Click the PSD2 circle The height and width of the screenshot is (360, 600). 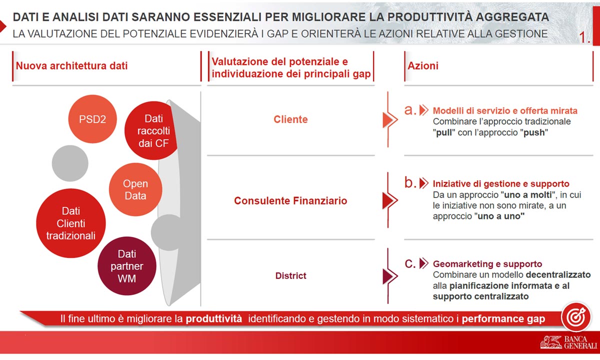[x=92, y=119]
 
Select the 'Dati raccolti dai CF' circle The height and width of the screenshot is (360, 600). [x=151, y=130]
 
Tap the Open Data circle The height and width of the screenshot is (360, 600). [x=135, y=189]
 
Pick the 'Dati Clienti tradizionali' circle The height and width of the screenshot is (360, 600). [x=71, y=223]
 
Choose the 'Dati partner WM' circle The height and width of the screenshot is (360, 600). [x=127, y=266]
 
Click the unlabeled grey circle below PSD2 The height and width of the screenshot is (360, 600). [x=70, y=163]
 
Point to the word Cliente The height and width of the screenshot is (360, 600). [x=290, y=119]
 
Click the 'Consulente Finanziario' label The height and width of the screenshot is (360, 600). [x=290, y=200]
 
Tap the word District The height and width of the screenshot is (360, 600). [x=290, y=275]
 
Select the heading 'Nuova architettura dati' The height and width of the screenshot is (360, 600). [x=72, y=66]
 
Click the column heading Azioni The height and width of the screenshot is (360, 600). [x=423, y=66]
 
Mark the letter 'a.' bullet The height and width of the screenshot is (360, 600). [x=410, y=110]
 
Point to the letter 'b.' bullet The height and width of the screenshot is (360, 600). [x=410, y=182]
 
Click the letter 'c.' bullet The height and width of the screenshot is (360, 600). [x=410, y=263]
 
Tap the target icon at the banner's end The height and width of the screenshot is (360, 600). [x=576, y=317]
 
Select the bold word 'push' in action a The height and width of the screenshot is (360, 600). [x=534, y=132]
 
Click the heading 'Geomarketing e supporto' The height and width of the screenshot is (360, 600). [x=487, y=264]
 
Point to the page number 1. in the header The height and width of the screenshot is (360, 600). [x=584, y=37]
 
